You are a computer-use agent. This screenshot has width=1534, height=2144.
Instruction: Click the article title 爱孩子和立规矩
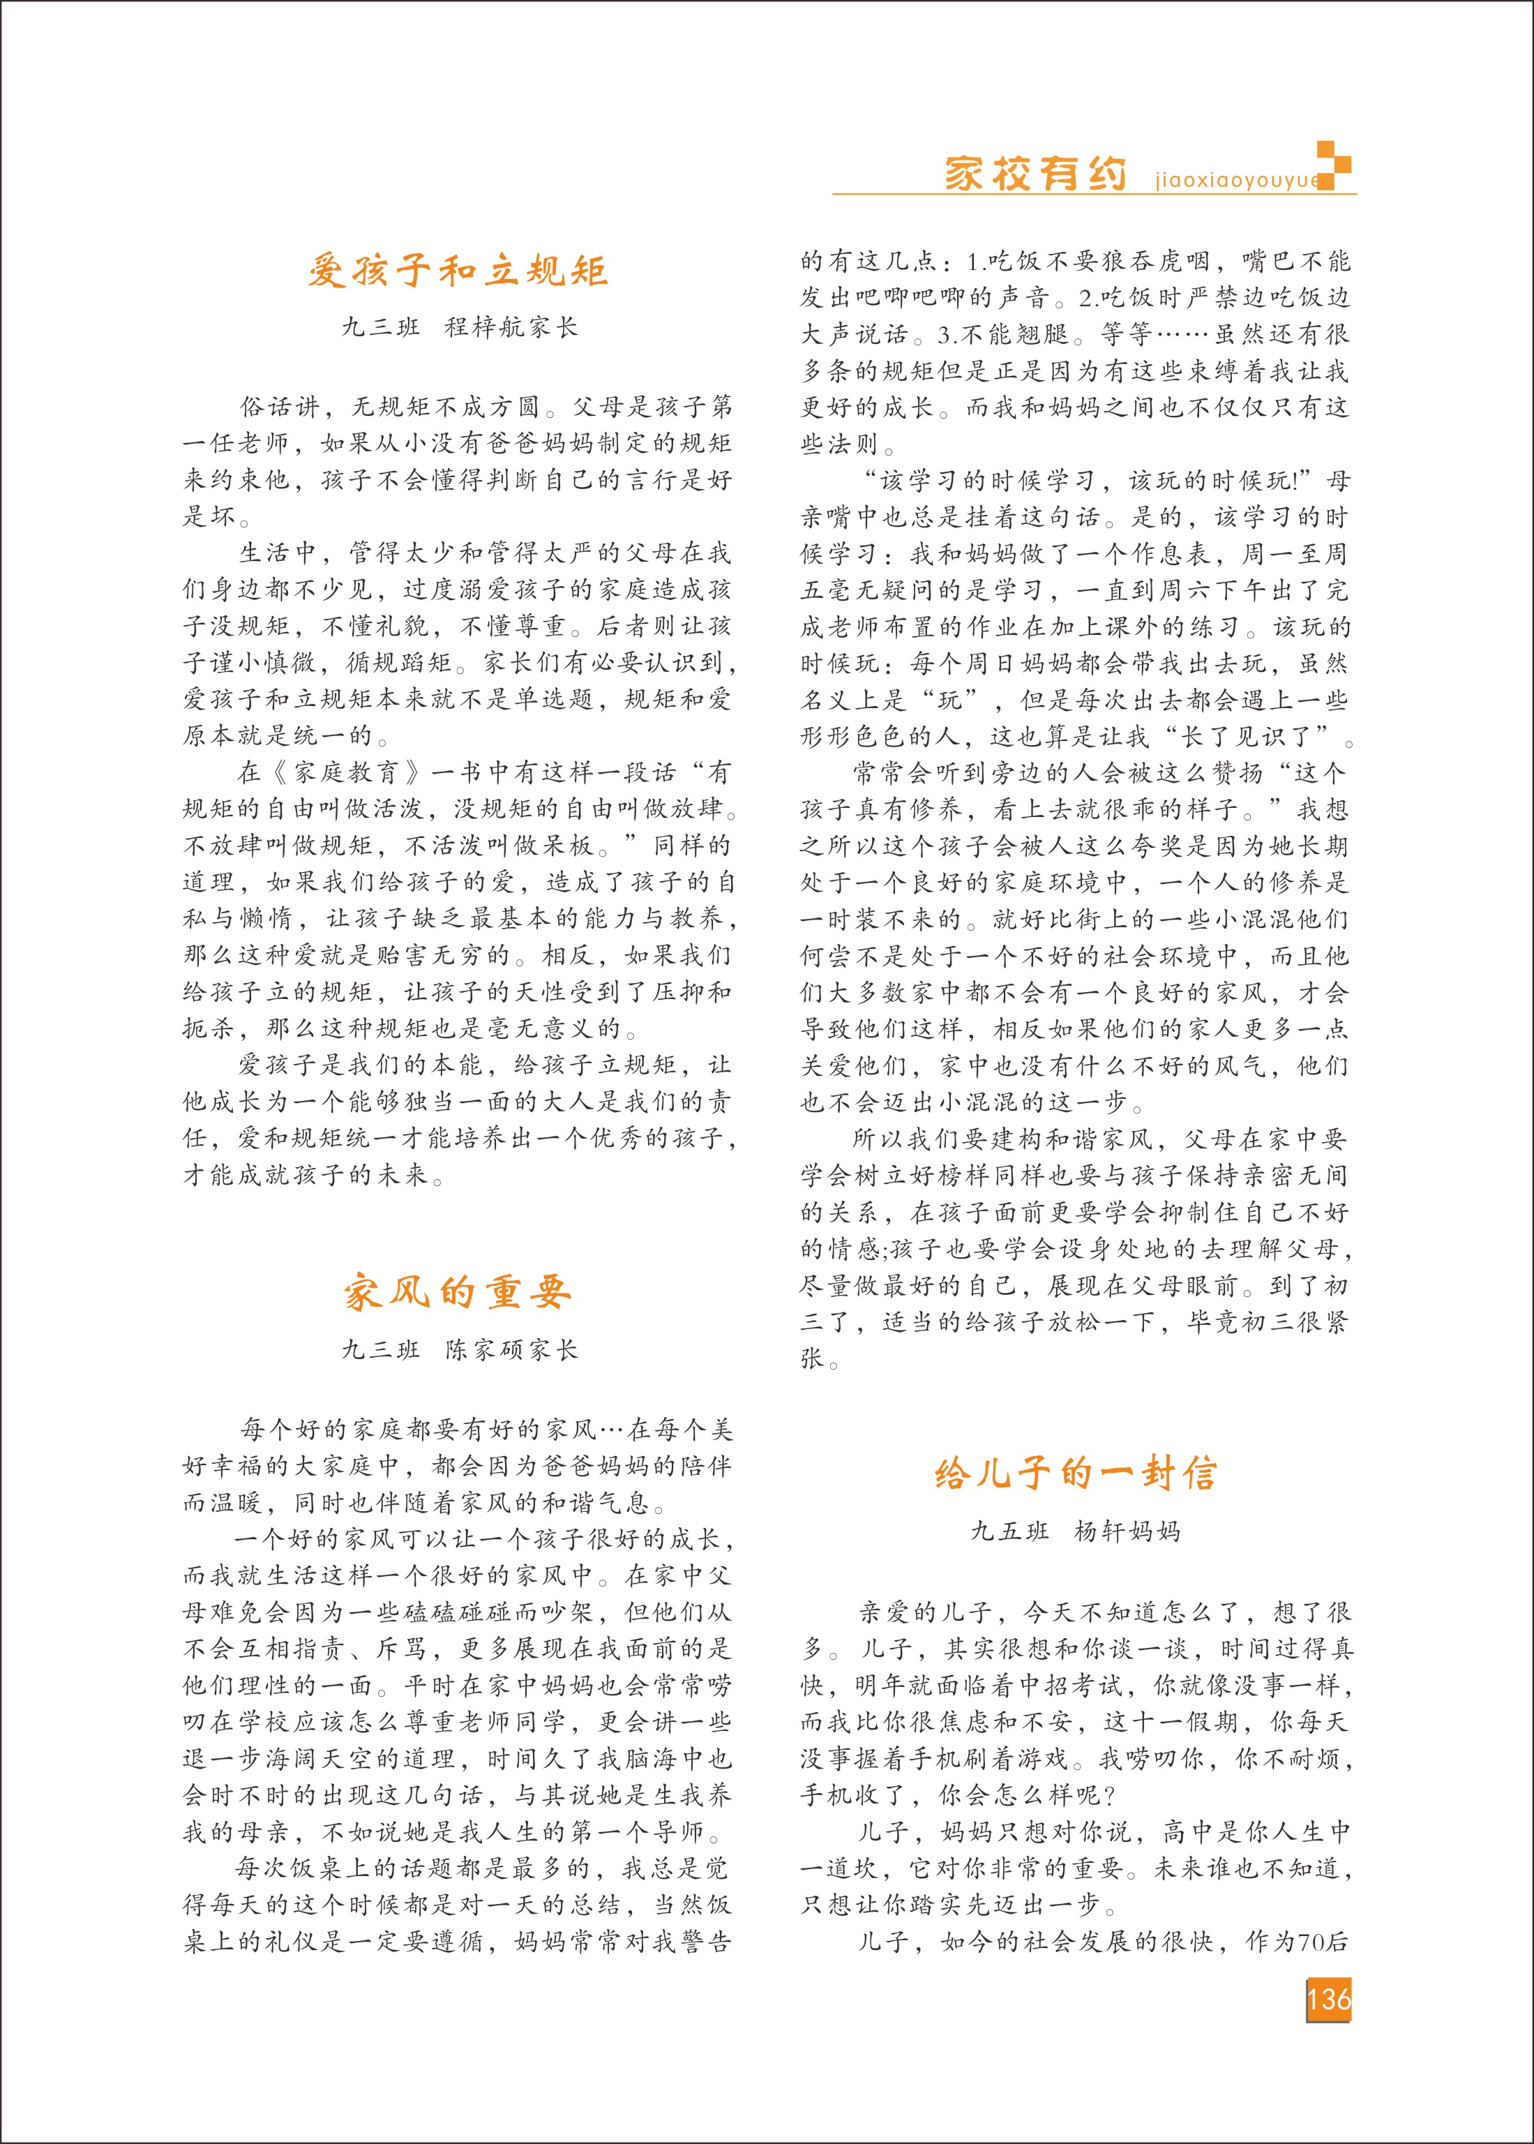[x=458, y=272]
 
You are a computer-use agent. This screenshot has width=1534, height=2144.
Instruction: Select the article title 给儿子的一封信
[x=1075, y=1474]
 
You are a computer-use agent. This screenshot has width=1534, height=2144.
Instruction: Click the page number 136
[x=1329, y=2000]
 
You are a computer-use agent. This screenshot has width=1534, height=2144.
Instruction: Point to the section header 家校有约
[x=1035, y=174]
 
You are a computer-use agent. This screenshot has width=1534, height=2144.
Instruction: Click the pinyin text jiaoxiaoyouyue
[x=1235, y=181]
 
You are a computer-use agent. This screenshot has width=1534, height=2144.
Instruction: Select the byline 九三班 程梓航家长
[x=459, y=328]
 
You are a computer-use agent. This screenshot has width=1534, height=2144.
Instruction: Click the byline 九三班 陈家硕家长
[x=459, y=1350]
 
